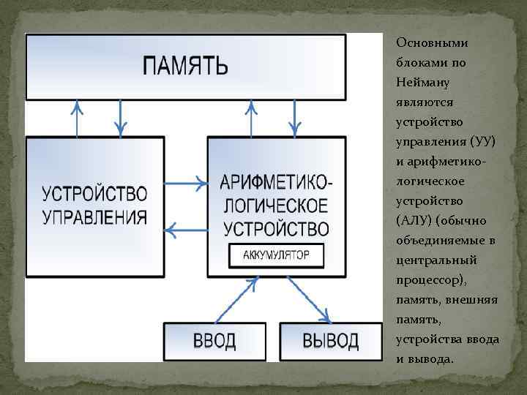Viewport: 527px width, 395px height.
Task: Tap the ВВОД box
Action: point(214,341)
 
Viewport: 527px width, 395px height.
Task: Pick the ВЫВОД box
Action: point(331,341)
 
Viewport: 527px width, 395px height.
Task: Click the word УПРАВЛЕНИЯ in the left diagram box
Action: point(94,217)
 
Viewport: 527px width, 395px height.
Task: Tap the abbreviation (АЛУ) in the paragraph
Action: point(414,220)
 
